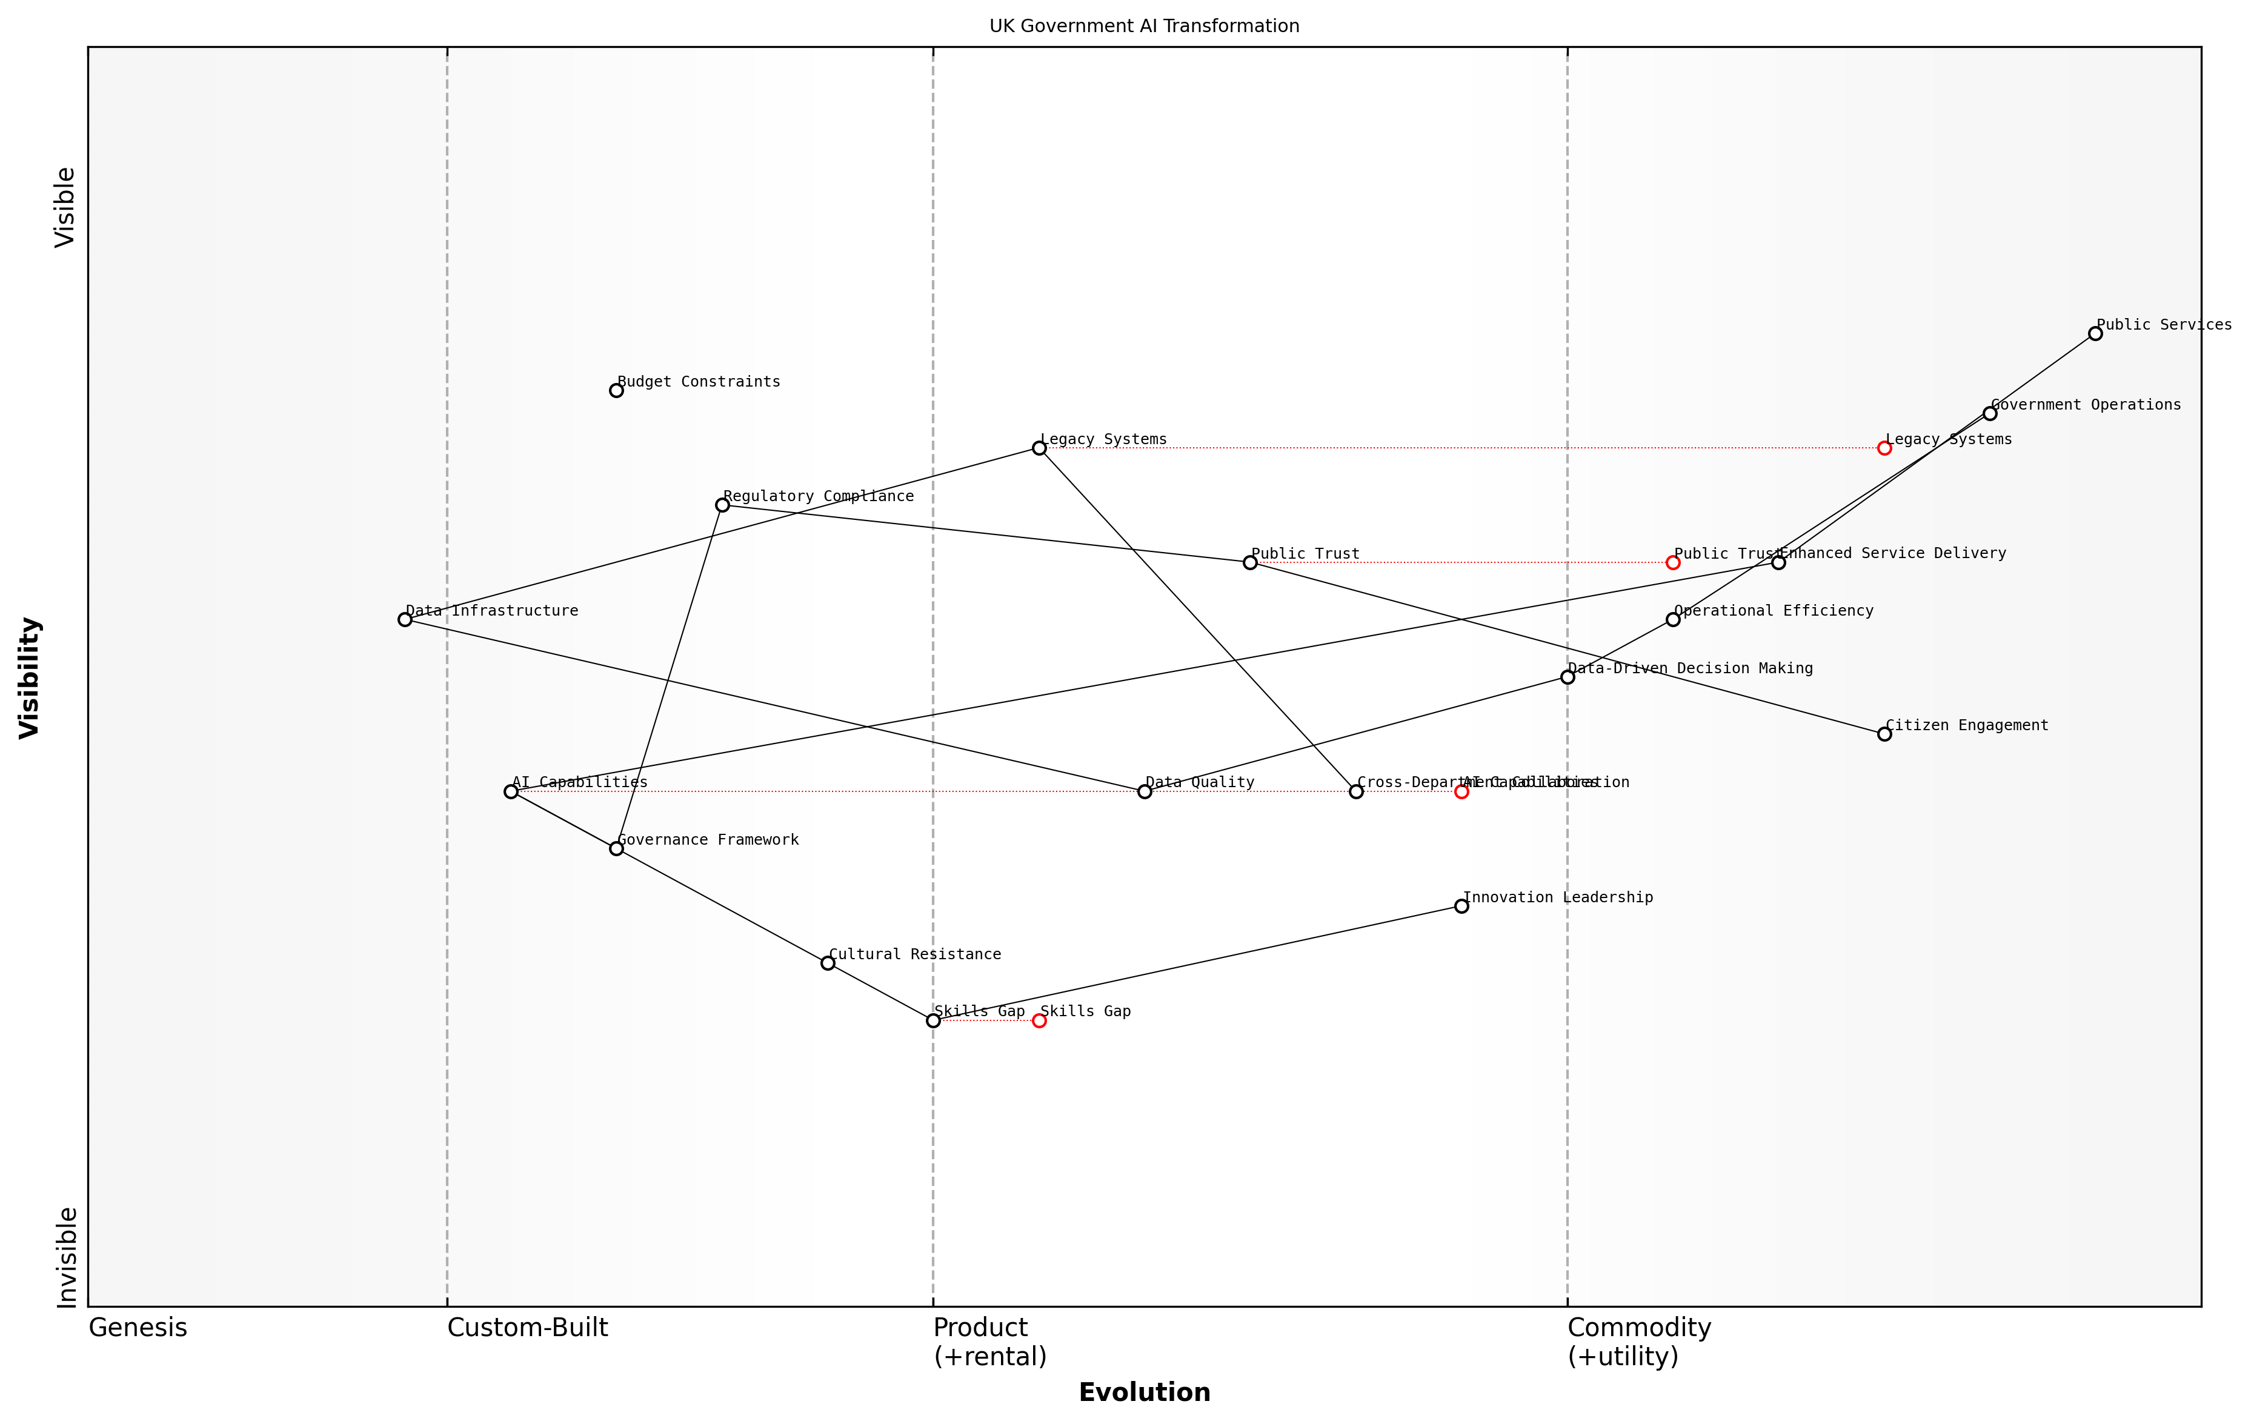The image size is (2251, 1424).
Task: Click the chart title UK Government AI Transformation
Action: (x=1143, y=26)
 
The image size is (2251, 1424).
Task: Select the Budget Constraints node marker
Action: (x=616, y=391)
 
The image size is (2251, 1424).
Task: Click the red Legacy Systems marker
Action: (x=1884, y=449)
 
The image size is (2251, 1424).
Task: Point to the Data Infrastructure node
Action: (x=405, y=620)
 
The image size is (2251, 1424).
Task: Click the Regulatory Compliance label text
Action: (x=818, y=496)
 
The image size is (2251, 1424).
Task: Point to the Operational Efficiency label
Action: (x=1774, y=611)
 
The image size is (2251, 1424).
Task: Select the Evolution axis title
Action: (x=1143, y=1392)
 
